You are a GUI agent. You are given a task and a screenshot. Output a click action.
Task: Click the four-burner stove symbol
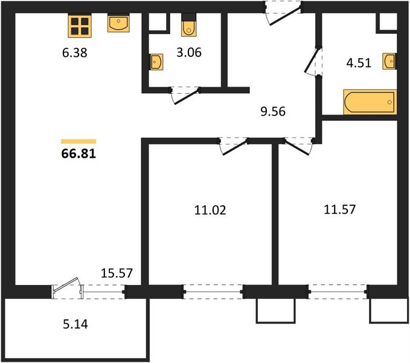80,26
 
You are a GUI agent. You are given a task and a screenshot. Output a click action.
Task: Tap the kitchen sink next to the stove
118,23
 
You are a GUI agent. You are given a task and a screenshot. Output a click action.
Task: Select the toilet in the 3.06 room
189,25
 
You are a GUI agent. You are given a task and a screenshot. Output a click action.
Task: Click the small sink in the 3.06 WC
156,62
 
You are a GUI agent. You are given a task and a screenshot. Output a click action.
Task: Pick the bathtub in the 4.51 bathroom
370,102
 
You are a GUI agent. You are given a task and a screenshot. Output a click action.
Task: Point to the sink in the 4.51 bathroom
389,61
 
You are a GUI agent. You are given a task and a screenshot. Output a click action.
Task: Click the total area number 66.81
78,154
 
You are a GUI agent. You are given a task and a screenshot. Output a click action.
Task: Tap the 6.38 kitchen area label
75,53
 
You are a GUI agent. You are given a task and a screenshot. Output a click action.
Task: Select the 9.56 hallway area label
273,111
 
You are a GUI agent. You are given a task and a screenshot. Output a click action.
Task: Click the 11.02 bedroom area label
210,210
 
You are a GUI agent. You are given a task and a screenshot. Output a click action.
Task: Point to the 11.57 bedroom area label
340,209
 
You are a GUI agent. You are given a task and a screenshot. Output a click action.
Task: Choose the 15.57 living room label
117,273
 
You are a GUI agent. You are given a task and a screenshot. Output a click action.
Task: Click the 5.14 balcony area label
75,324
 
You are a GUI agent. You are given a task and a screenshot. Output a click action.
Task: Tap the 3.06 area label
189,53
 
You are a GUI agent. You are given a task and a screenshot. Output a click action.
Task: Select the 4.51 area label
359,63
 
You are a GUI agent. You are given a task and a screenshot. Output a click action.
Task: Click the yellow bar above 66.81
78,142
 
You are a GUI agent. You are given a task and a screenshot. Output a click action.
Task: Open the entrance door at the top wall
283,13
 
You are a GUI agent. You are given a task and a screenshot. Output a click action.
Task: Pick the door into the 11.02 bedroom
234,146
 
